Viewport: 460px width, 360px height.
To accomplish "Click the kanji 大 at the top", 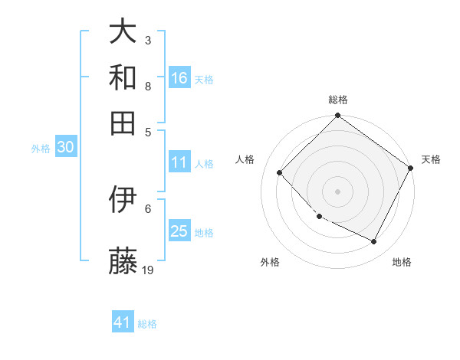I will (x=123, y=32).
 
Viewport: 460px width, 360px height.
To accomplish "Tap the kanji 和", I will (x=123, y=78).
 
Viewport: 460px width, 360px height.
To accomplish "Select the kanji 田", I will (x=123, y=122).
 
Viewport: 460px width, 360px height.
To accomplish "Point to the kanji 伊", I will (x=123, y=201).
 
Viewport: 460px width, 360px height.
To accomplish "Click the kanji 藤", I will (x=123, y=260).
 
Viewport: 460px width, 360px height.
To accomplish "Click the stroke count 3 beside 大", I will (x=148, y=40).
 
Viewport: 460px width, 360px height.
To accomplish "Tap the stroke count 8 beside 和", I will (x=148, y=86).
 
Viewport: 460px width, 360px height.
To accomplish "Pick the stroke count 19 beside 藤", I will (x=149, y=270).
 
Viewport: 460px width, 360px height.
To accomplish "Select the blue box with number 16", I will (x=179, y=77).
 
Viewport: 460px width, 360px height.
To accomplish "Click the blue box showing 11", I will (x=179, y=162).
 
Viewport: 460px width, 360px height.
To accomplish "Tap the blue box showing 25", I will (x=179, y=231).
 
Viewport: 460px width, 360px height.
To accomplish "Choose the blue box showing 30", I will (x=65, y=148).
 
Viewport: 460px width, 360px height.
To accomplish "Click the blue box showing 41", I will (x=123, y=322).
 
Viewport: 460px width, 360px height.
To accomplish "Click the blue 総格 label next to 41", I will (x=147, y=324).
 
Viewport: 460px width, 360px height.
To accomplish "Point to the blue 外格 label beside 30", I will (x=41, y=149).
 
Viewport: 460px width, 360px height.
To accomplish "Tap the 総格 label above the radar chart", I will (x=337, y=100).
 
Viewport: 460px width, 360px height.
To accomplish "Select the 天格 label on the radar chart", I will (x=431, y=159).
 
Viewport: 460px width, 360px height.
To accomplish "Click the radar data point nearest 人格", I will (x=280, y=173).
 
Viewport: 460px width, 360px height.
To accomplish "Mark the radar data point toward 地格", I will (x=374, y=242).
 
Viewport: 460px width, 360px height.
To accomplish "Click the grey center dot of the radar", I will (x=337, y=191).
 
